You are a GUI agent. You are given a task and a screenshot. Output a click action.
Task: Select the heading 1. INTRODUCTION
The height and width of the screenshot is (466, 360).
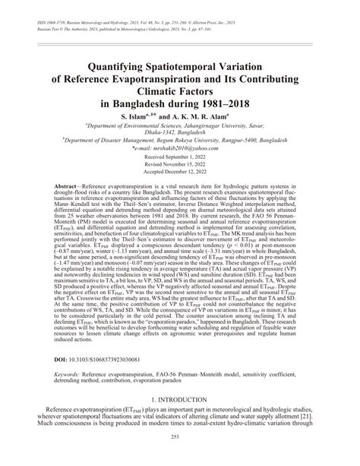click(x=180, y=420)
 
